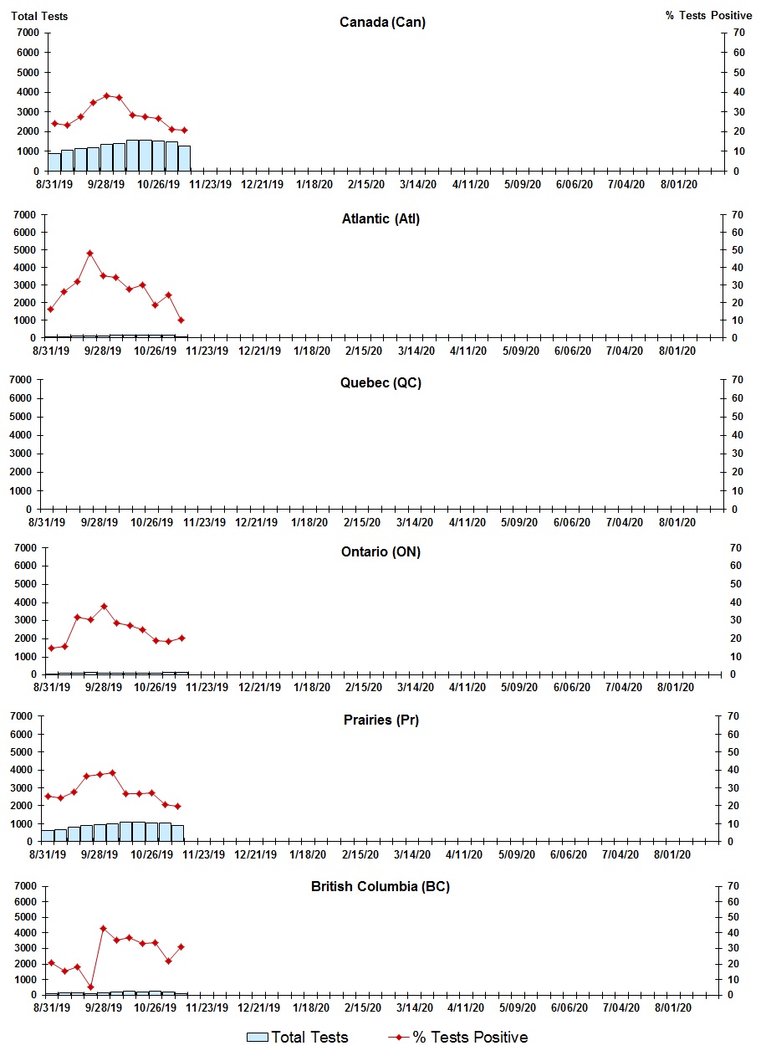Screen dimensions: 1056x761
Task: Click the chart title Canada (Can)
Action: [x=382, y=22]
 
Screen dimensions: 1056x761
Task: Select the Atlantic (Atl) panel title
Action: [x=380, y=218]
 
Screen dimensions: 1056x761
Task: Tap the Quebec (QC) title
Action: [x=380, y=382]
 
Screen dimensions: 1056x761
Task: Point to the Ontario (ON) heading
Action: [x=380, y=551]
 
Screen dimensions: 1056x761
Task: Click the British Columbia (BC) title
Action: [x=380, y=886]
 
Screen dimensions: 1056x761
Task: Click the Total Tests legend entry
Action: [x=298, y=1038]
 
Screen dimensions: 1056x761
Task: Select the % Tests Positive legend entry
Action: [x=458, y=1038]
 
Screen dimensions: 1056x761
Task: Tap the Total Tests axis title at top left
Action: [x=39, y=16]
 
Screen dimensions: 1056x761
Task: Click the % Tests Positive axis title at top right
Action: [x=708, y=16]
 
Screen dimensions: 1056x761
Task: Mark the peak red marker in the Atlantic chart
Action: [x=89, y=253]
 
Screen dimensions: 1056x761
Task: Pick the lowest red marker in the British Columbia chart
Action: [x=90, y=987]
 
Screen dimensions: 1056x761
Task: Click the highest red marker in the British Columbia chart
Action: [x=103, y=928]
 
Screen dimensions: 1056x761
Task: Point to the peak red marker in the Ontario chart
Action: [x=104, y=606]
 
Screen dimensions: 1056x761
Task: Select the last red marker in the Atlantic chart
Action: [x=181, y=320]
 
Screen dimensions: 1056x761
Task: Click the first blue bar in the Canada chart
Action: [x=54, y=162]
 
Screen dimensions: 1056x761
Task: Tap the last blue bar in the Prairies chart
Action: [x=177, y=833]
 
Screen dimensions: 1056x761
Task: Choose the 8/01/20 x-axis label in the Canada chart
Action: [x=678, y=184]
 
